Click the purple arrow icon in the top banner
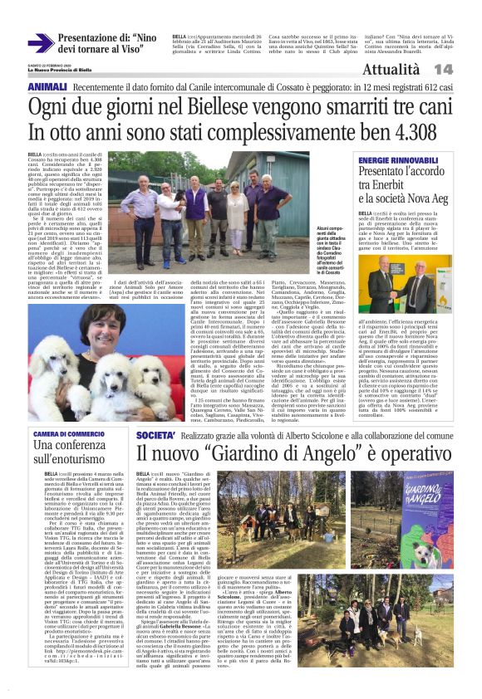[x=41, y=43]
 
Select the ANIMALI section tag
[x=48, y=86]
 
